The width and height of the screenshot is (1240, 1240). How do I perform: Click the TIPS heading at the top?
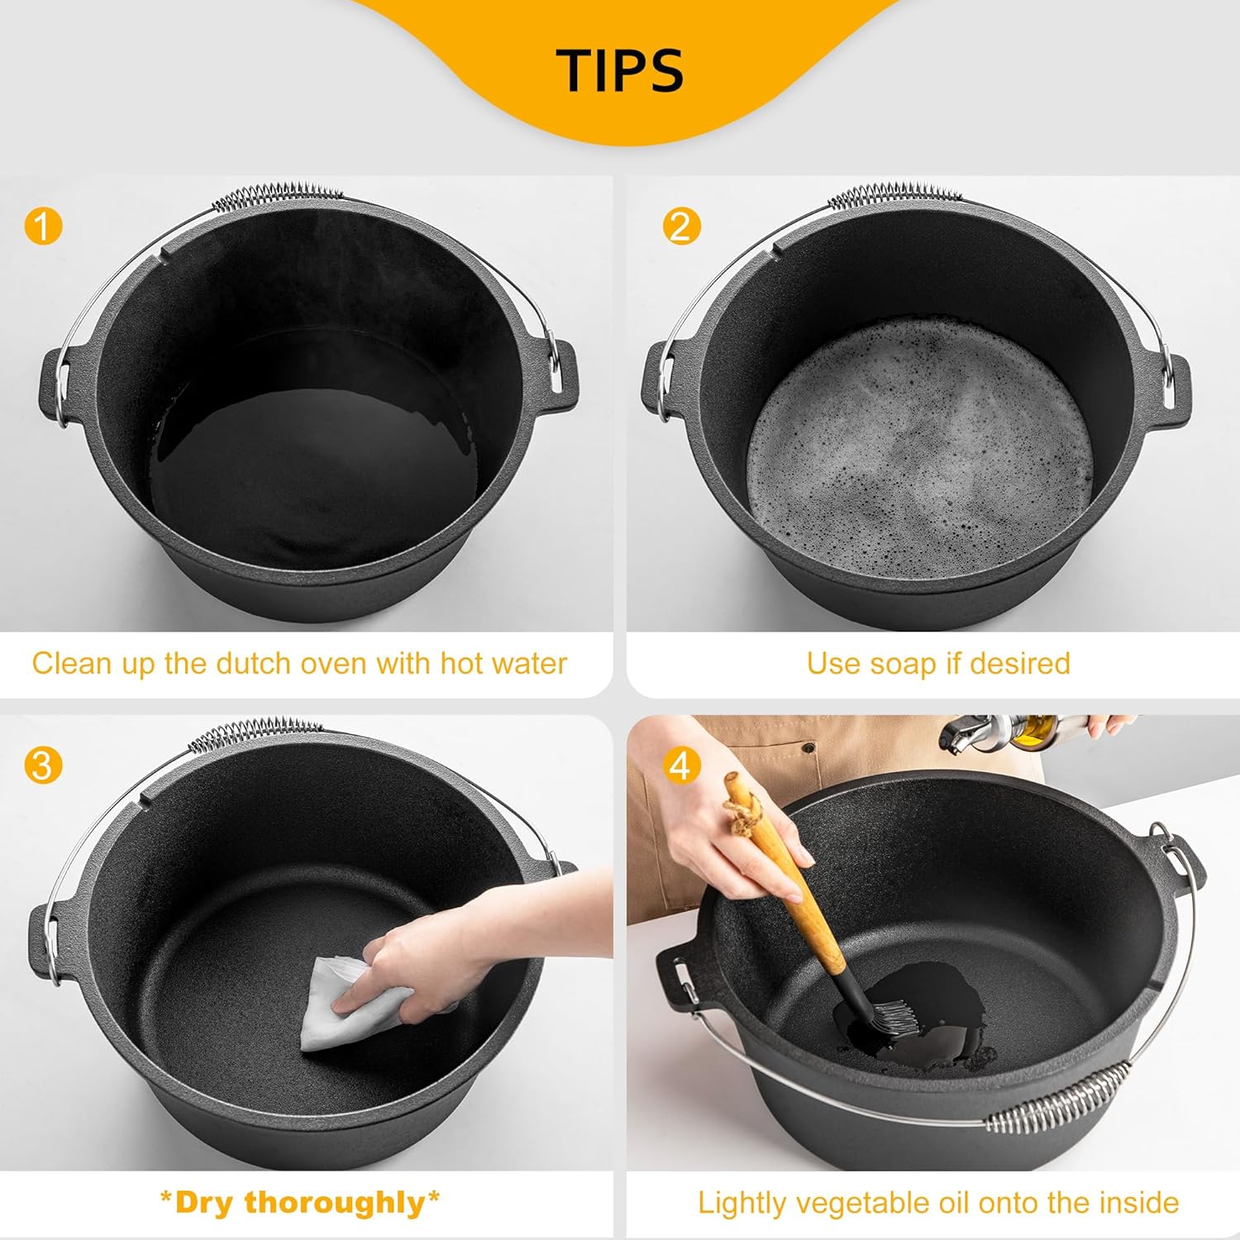point(619,69)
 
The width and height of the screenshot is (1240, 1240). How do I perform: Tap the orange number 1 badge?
point(43,225)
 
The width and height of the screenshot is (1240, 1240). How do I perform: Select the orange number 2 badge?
point(681,225)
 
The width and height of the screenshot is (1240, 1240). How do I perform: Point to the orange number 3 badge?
point(43,765)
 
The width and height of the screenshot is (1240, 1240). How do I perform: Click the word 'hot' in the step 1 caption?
point(466,663)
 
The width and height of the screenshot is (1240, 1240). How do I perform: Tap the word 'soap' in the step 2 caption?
point(903,663)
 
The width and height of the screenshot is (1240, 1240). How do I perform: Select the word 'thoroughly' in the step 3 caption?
point(334,1202)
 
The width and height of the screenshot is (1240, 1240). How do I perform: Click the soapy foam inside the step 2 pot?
point(922,446)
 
